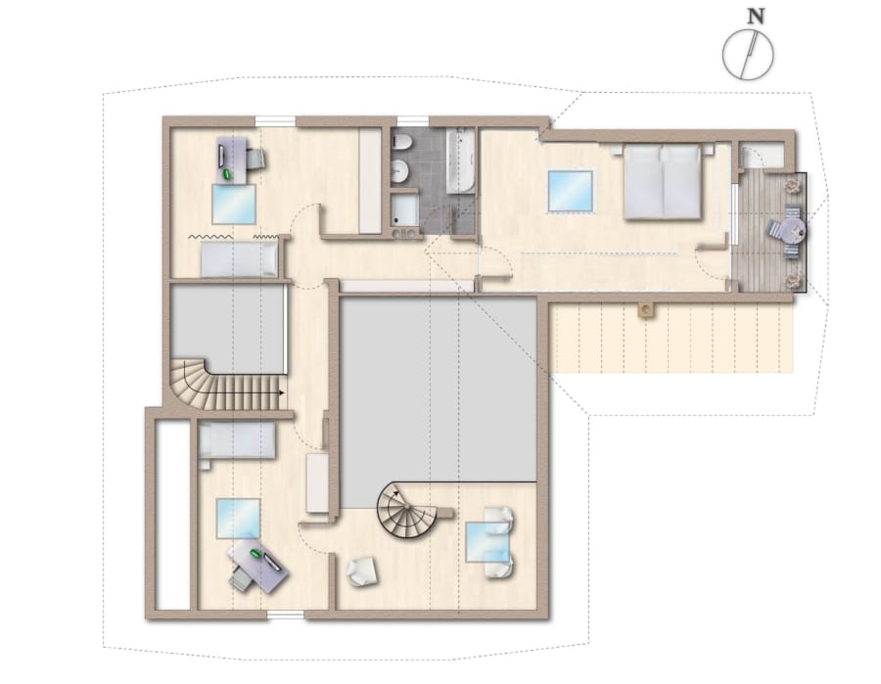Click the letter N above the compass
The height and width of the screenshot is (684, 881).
point(757,17)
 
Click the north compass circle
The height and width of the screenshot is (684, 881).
point(748,55)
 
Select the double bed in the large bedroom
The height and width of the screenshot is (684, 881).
point(663,181)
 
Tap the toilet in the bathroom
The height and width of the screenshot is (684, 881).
point(400,142)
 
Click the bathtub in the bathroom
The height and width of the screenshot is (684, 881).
point(460,160)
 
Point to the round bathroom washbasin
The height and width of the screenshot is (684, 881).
point(400,170)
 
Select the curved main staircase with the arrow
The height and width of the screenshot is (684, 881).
point(226,386)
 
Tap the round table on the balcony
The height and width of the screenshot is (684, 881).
point(793,230)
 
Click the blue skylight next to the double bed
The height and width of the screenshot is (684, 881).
point(571,191)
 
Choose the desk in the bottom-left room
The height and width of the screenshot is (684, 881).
point(258,565)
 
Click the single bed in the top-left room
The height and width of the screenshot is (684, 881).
point(240,260)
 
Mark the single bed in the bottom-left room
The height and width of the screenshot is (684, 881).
point(237,440)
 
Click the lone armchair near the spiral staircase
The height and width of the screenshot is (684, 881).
point(362,571)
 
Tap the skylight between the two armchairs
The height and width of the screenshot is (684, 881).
point(487,541)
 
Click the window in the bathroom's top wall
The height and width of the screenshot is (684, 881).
point(413,120)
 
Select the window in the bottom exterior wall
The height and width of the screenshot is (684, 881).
point(286,615)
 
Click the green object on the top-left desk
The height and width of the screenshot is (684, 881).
point(227,174)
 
